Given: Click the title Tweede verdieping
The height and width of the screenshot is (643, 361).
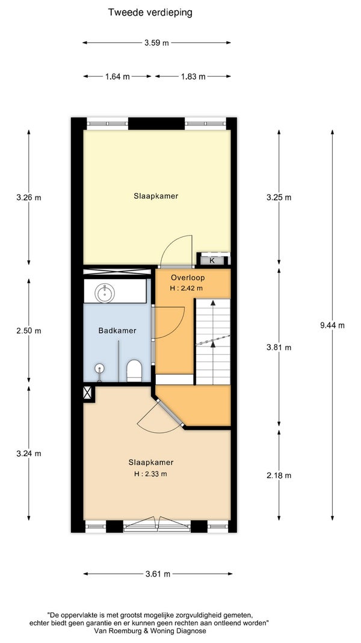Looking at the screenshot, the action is (150, 13).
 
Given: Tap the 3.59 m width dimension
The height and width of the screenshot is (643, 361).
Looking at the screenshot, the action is (156, 43).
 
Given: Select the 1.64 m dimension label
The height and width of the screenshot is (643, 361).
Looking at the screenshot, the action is (117, 77).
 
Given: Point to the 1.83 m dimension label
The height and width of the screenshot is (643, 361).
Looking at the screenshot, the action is (193, 77).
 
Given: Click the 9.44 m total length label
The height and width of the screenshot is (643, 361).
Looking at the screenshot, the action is (332, 325).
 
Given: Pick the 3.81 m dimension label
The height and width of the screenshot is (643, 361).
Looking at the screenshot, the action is (279, 347).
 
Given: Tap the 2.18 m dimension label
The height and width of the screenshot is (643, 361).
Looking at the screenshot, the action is (279, 475).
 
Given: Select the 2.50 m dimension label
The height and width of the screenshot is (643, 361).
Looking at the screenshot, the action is (29, 331).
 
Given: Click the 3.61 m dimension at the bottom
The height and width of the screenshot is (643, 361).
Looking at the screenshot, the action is (158, 574).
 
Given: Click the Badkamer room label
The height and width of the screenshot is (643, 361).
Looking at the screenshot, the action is (117, 330).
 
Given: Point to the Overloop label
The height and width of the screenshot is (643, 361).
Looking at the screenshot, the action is (188, 278).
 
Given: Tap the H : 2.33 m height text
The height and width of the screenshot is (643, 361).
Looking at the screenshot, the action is (151, 474).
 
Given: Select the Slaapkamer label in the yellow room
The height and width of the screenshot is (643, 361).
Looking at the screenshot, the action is (156, 196).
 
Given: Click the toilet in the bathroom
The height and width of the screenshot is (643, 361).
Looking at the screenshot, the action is (134, 370).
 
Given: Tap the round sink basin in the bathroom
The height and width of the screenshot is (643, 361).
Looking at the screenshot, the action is (105, 293).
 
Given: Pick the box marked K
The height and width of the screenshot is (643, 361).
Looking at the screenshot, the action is (212, 260).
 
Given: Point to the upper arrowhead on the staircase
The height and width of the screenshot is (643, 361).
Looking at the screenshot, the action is (213, 303).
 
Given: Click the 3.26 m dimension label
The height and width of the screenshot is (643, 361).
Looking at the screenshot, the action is (29, 197).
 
